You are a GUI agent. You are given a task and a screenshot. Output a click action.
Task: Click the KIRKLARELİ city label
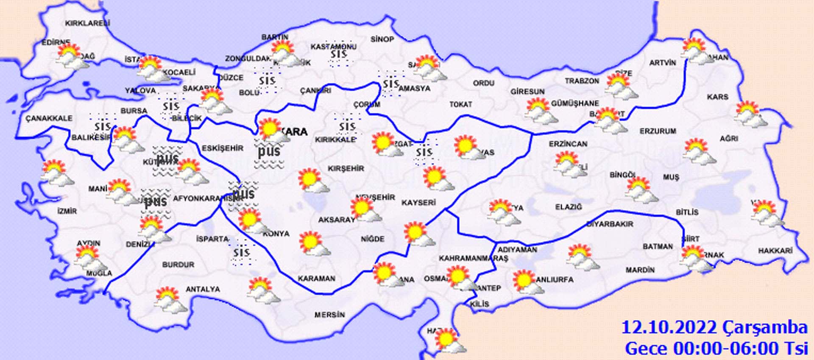(87, 23)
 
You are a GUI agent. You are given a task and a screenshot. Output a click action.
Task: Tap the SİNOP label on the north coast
(382, 39)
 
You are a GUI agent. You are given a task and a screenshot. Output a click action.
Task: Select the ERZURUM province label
(658, 131)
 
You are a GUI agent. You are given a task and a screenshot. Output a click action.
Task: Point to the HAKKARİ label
(775, 251)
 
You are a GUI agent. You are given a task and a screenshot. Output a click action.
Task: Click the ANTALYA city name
(203, 289)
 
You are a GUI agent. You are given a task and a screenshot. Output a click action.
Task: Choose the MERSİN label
(329, 315)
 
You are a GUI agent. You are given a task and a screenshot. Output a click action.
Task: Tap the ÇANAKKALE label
(49, 118)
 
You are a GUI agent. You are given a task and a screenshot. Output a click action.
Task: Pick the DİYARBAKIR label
(610, 224)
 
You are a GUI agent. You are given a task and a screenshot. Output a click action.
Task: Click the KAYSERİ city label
(418, 203)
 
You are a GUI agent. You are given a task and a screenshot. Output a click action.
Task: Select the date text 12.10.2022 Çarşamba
(714, 327)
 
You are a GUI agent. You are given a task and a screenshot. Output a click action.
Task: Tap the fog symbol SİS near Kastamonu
(339, 54)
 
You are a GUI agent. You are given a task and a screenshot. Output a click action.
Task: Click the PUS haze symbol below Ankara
(269, 151)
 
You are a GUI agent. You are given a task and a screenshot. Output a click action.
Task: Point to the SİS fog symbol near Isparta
(242, 253)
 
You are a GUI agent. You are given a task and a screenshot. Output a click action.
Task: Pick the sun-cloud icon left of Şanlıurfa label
(527, 282)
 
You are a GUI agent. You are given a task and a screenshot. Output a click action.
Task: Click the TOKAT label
(460, 104)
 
